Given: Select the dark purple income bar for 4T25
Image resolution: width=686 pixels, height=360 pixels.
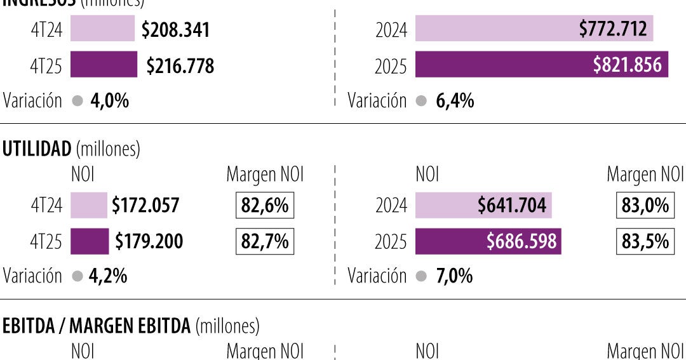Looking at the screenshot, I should (103, 65).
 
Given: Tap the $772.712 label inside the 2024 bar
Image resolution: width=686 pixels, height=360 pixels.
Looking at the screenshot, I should (612, 29).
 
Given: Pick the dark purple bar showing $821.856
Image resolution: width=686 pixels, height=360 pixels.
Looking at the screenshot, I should (541, 65).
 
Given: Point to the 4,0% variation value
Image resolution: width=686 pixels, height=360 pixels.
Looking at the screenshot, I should (110, 101).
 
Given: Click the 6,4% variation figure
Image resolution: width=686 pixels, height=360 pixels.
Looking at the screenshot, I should (455, 101).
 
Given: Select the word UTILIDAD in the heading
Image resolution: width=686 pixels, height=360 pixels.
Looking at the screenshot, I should (37, 149).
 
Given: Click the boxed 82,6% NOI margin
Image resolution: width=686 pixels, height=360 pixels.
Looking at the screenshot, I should (264, 206).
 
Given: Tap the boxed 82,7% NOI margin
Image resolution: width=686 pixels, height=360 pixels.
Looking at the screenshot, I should (264, 241).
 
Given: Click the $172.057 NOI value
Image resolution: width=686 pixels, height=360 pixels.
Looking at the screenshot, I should (145, 206).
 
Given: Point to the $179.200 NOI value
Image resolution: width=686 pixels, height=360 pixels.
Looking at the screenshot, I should (149, 241).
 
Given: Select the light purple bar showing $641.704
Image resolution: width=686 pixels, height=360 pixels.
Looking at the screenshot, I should (483, 206).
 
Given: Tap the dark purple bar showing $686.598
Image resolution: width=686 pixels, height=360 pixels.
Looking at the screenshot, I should (488, 241).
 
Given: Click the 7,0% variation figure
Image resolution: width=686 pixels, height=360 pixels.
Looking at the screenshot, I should (454, 276).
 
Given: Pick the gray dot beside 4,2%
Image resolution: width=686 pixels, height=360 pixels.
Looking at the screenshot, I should (77, 276).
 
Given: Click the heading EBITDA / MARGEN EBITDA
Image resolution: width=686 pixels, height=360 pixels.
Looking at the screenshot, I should (97, 326).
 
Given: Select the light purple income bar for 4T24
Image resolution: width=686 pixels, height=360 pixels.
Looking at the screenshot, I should (102, 29).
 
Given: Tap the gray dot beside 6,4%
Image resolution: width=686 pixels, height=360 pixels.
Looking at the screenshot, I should (422, 101).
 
